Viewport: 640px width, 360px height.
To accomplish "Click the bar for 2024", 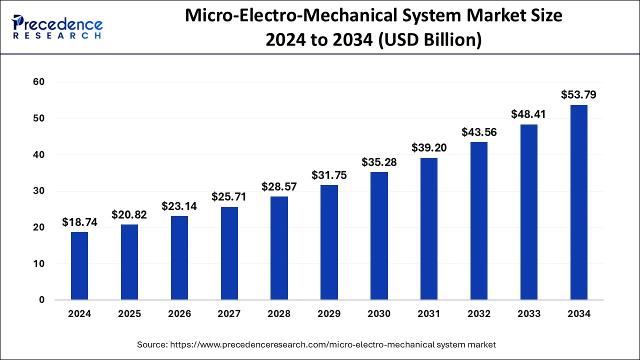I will pyautogui.click(x=79, y=266).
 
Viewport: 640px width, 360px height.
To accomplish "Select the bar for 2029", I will pyautogui.click(x=329, y=242).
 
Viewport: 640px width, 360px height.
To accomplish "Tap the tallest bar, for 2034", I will pyautogui.click(x=578, y=202).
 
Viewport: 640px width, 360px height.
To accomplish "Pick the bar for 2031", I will pyautogui.click(x=429, y=229).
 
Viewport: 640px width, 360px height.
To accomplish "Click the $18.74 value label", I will pyautogui.click(x=79, y=222).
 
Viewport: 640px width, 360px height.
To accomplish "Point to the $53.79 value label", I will pyautogui.click(x=578, y=95).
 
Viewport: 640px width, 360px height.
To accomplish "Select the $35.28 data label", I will pyautogui.click(x=379, y=162).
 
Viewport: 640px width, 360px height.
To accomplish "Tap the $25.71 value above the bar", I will pyautogui.click(x=229, y=197).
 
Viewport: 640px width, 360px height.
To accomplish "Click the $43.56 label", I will pyautogui.click(x=479, y=132).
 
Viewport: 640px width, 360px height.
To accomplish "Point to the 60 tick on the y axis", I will pyautogui.click(x=38, y=82).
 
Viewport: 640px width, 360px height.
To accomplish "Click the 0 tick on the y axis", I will pyautogui.click(x=42, y=300).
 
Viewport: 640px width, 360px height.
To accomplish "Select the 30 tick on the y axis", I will pyautogui.click(x=38, y=191).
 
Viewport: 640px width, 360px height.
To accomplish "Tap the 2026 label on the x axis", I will pyautogui.click(x=179, y=314).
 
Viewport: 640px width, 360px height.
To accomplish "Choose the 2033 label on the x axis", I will pyautogui.click(x=529, y=314).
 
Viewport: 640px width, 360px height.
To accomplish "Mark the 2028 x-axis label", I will pyautogui.click(x=279, y=314).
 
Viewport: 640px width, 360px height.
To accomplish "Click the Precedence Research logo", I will pyautogui.click(x=57, y=27).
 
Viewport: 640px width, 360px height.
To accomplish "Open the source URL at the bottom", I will pyautogui.click(x=333, y=344).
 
